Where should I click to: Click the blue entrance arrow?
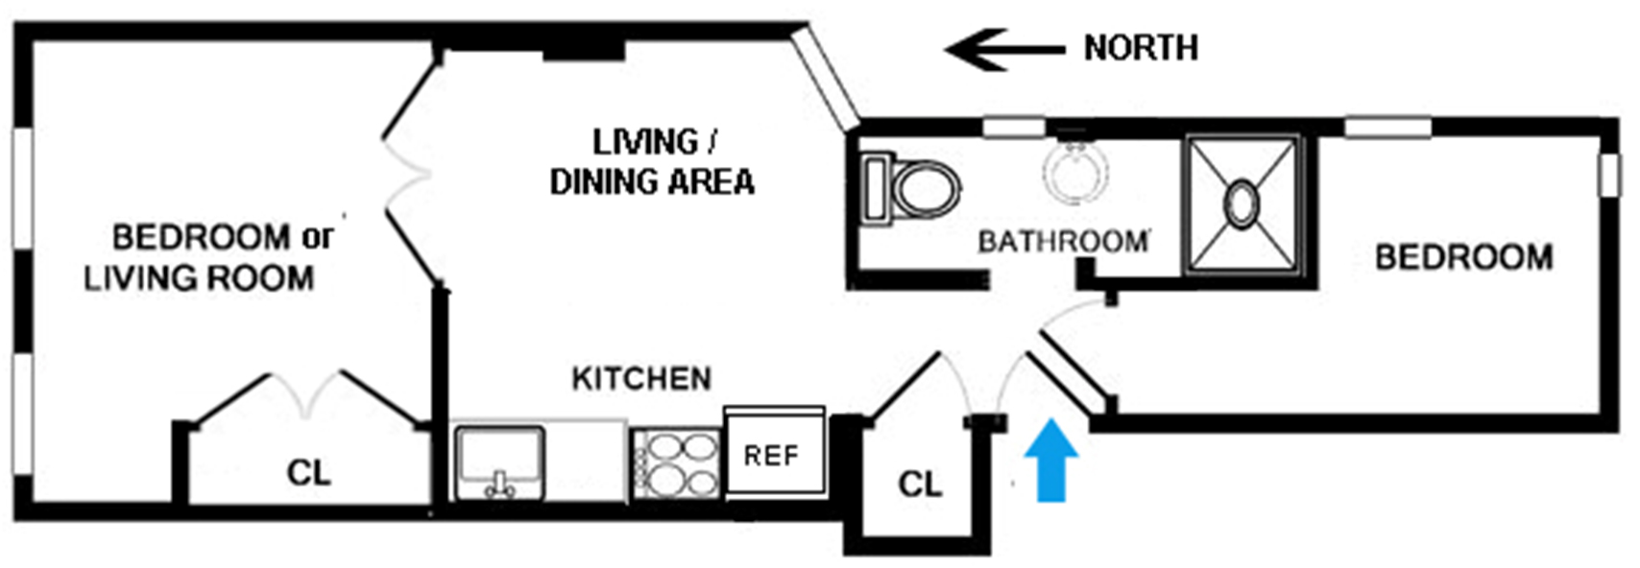point(1050,461)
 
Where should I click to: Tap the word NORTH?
point(1141,48)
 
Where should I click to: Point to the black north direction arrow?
point(1004,50)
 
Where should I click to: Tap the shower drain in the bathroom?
point(1242,202)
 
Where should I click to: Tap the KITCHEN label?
point(641,378)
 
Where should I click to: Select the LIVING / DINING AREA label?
point(652,162)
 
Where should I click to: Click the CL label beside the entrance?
point(920,484)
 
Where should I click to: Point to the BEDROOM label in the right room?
point(1463,257)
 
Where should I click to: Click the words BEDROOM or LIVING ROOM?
point(208,258)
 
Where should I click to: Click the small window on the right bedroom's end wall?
point(1609,176)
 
